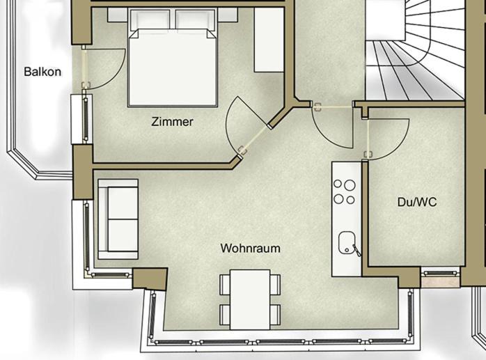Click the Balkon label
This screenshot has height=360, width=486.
point(42,72)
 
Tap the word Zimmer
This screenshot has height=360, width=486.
point(173,122)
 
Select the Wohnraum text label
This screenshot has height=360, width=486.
point(251,249)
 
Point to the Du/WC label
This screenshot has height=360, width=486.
point(417,202)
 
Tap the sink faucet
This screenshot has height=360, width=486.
point(356,251)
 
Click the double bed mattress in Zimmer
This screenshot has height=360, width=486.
point(173,68)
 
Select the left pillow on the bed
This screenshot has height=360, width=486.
point(150,19)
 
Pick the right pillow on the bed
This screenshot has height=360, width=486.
point(195,19)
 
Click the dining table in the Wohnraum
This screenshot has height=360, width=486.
point(250,299)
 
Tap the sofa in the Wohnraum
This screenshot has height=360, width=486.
point(118,219)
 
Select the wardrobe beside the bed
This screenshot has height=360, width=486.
point(269,40)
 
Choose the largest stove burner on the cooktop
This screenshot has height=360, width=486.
point(350,185)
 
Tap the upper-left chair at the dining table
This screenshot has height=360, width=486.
point(225,284)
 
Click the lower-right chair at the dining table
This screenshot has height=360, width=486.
point(275,315)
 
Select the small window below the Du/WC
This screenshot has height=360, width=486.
point(441,273)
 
